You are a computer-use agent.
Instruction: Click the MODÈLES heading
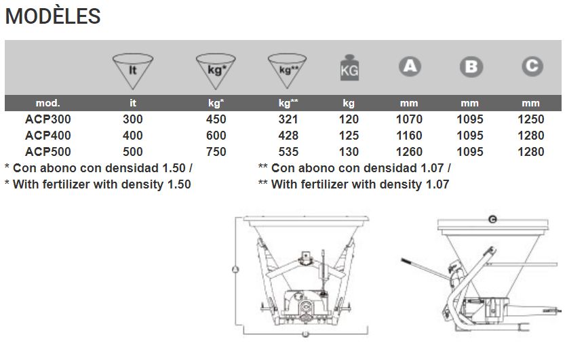(53, 16)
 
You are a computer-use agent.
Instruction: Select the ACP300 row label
(47, 119)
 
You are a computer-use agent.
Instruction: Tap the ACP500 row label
(47, 152)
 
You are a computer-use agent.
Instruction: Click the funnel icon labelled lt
(134, 69)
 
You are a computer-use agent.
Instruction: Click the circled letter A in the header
(409, 66)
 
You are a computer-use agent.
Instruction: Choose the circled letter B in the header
(470, 66)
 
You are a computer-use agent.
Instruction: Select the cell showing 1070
(409, 119)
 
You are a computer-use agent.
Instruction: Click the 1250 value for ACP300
(530, 119)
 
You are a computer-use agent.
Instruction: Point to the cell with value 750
(216, 152)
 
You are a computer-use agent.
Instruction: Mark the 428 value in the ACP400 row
(288, 136)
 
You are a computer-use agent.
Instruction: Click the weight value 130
(349, 152)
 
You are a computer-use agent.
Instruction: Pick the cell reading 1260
(409, 152)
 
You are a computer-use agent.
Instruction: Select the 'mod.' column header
(47, 104)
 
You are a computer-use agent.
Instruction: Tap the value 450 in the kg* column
(216, 119)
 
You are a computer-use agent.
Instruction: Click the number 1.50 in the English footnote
(178, 184)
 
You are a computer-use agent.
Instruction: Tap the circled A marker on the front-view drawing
(235, 269)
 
